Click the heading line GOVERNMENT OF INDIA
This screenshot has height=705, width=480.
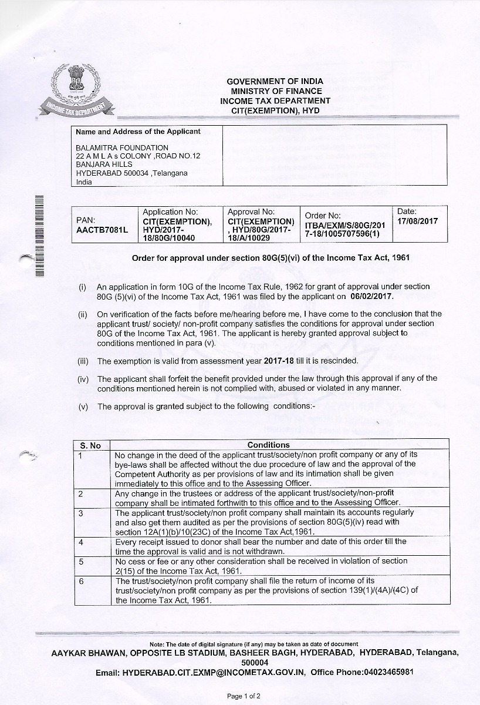pyautogui.click(x=275, y=81)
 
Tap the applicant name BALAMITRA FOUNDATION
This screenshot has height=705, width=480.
pyautogui.click(x=122, y=147)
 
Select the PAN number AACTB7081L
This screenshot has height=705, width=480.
pyautogui.click(x=102, y=230)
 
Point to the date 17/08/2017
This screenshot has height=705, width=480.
pyautogui.click(x=417, y=221)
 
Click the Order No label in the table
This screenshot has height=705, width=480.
pyautogui.click(x=323, y=216)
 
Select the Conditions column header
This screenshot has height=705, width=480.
pyautogui.click(x=268, y=445)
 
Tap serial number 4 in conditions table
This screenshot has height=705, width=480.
pyautogui.click(x=80, y=541)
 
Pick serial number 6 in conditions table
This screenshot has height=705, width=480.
pyautogui.click(x=80, y=580)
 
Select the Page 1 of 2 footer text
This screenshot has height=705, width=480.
pyautogui.click(x=244, y=696)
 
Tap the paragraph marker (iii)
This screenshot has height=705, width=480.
pyautogui.click(x=82, y=361)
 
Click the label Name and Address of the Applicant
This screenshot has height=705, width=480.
pyautogui.click(x=138, y=132)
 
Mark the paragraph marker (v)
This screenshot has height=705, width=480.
pyautogui.click(x=83, y=407)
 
